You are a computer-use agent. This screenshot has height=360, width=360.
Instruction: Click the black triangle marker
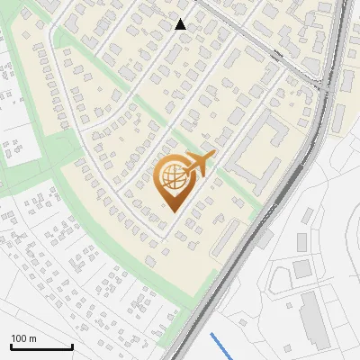(x=181, y=24)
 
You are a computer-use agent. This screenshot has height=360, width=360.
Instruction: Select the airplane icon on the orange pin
(x=201, y=164)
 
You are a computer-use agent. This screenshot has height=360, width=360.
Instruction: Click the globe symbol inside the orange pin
(x=171, y=177)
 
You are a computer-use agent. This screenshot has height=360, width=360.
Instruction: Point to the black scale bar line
(x=40, y=347)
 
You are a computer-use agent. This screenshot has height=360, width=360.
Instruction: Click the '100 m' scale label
(x=23, y=338)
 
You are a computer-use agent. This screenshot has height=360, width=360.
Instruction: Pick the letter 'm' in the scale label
(x=32, y=338)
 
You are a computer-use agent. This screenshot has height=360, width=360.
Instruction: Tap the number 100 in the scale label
(x=19, y=338)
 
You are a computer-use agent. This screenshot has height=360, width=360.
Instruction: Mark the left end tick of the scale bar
(x=11, y=346)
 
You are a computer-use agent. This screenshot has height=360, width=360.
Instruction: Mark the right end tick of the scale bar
(x=71, y=346)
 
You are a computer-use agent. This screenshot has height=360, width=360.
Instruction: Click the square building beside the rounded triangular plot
(x=301, y=268)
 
